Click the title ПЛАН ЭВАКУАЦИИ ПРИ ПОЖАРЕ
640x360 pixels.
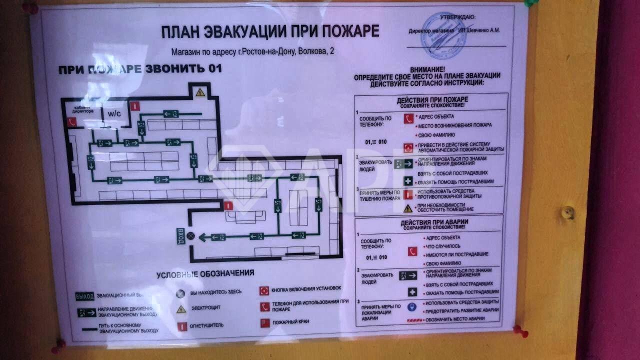(x=270, y=31)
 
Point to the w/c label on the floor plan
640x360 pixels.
(x=114, y=114)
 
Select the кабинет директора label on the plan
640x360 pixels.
(x=82, y=110)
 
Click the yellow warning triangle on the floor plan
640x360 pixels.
(x=200, y=92)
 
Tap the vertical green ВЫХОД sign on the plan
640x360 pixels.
(x=180, y=235)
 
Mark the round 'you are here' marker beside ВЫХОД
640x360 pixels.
(x=190, y=236)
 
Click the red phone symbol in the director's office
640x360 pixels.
(x=71, y=121)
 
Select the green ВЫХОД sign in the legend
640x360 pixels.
(x=84, y=296)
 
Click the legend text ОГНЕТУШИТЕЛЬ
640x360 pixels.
(x=206, y=325)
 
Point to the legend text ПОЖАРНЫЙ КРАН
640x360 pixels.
(x=290, y=322)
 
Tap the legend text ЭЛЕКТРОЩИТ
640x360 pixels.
(x=205, y=308)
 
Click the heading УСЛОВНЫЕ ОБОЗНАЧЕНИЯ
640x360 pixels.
(x=205, y=274)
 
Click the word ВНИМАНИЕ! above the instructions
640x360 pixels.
(x=427, y=69)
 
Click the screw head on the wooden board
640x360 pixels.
(x=567, y=212)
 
